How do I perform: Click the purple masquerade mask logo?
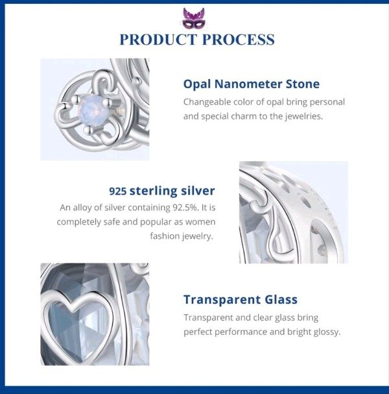tap(194, 18)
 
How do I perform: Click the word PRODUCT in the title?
tap(158, 40)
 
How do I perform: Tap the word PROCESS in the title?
tap(238, 40)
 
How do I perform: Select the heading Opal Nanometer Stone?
tap(252, 84)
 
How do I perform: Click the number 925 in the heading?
tap(118, 191)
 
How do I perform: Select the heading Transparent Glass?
tap(241, 299)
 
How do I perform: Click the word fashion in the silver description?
tap(165, 236)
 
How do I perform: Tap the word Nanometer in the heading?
tap(248, 84)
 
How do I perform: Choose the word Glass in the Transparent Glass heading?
tap(281, 299)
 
